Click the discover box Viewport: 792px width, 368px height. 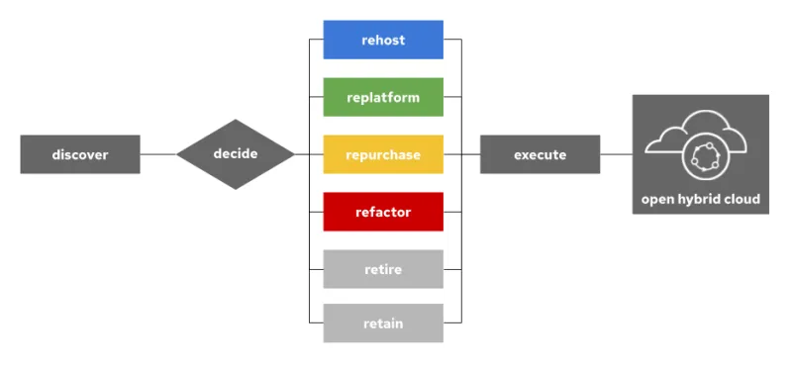[x=79, y=154]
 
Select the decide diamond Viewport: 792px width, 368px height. [x=236, y=154]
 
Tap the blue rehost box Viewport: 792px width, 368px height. [x=383, y=40]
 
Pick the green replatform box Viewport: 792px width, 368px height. [x=383, y=97]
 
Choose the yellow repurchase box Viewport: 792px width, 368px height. [x=383, y=154]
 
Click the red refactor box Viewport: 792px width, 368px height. [x=383, y=212]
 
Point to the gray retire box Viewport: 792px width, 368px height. [x=383, y=268]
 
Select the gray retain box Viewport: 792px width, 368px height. [x=383, y=323]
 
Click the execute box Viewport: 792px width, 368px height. [x=540, y=154]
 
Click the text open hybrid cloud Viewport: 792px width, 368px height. [x=700, y=200]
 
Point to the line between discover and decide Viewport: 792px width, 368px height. [x=157, y=154]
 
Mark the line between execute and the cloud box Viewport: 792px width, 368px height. [x=616, y=154]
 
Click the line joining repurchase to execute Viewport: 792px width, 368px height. [x=461, y=154]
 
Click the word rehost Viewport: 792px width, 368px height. [x=383, y=41]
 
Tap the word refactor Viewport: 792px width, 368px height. [x=383, y=212]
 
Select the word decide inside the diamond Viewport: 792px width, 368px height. [x=236, y=154]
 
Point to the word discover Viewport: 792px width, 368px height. [x=79, y=155]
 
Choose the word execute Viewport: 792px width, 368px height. [x=540, y=155]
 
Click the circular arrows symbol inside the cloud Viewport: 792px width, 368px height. [x=709, y=155]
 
